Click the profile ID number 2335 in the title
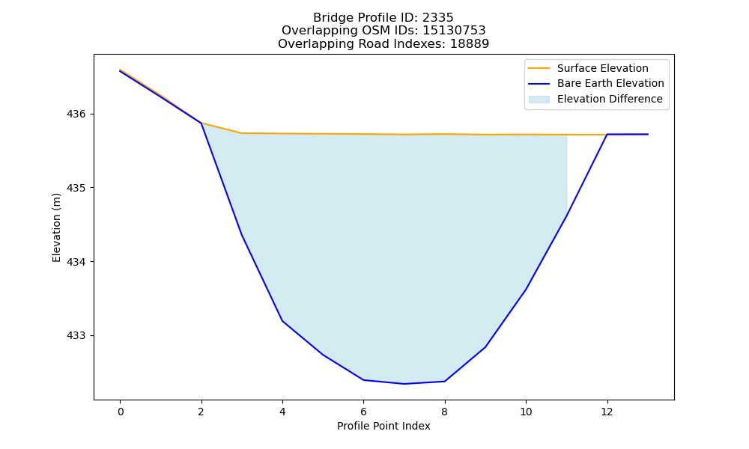pos(437,18)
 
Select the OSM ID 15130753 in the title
pos(454,31)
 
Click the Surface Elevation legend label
pos(602,68)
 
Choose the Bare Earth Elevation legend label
pos(610,84)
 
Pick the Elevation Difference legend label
pos(610,99)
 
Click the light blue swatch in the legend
pos(539,100)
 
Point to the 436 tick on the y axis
pos(75,114)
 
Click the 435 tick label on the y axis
pos(75,188)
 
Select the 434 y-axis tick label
pos(75,262)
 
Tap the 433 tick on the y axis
pos(75,336)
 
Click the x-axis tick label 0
pos(121,412)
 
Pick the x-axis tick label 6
pos(363,412)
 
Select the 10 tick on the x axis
pos(526,412)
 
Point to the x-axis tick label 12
pos(607,412)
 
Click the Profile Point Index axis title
pos(383,426)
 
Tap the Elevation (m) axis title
pos(57,227)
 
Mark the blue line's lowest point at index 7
pos(404,384)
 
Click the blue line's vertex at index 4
pos(282,320)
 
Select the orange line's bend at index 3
pos(242,132)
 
